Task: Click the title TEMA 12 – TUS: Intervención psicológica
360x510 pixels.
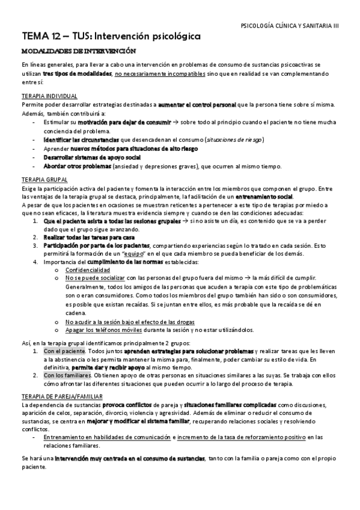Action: point(111,37)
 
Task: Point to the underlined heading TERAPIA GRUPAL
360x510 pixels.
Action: point(44,180)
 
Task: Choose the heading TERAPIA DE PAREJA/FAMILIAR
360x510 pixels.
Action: point(63,380)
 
